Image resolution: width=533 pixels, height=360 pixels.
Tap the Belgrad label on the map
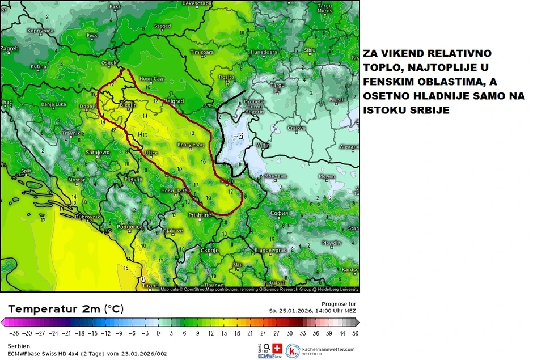(174, 101)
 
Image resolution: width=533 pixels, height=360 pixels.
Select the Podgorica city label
(130, 226)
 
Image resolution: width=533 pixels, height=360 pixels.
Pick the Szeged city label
(162, 26)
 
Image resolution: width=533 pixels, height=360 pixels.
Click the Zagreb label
(9, 48)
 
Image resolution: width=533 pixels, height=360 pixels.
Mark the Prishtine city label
(200, 215)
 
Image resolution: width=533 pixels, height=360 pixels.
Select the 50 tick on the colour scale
(355, 333)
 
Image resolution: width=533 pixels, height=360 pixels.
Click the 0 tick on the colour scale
(158, 333)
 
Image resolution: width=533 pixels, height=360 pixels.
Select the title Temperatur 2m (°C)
(65, 309)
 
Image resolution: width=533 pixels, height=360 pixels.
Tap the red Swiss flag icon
(277, 348)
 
